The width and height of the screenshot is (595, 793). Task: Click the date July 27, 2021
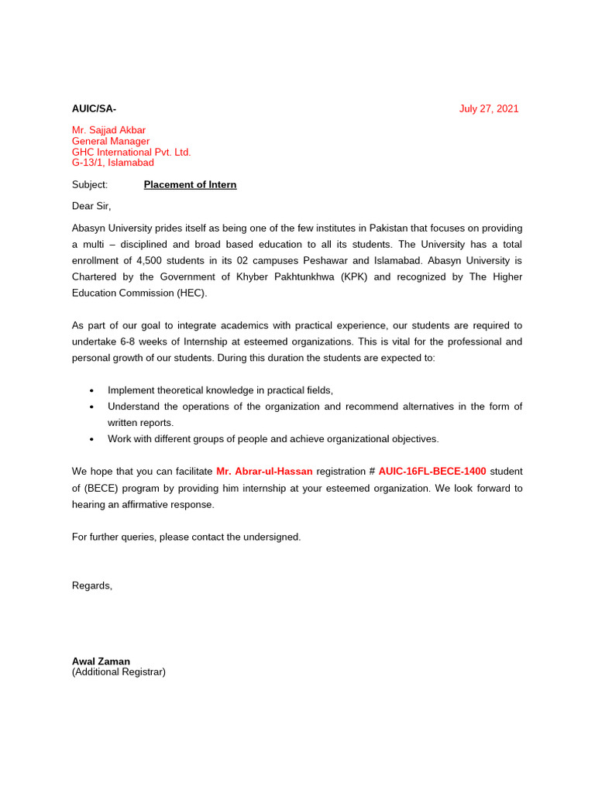[488, 108]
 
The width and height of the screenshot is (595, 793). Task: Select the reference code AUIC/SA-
[94, 108]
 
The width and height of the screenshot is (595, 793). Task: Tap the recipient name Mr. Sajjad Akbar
[108, 130]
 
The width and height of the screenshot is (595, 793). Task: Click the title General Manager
[111, 141]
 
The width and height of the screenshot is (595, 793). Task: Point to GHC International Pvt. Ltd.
[131, 152]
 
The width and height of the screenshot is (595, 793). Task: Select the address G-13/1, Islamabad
[113, 163]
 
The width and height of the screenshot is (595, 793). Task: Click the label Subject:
[90, 184]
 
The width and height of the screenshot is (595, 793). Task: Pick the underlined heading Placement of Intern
[190, 184]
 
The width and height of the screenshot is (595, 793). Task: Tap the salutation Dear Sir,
[91, 206]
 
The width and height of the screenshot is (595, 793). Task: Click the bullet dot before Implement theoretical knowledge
[91, 390]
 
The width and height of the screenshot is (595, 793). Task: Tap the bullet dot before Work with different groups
[91, 439]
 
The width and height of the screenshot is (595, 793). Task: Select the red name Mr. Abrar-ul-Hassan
[264, 471]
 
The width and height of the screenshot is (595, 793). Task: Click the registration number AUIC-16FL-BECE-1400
[432, 471]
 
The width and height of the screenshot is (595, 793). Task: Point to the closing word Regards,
[92, 585]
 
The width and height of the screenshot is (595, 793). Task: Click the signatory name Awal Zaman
[101, 661]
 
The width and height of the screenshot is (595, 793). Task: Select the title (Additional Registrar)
[119, 672]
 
